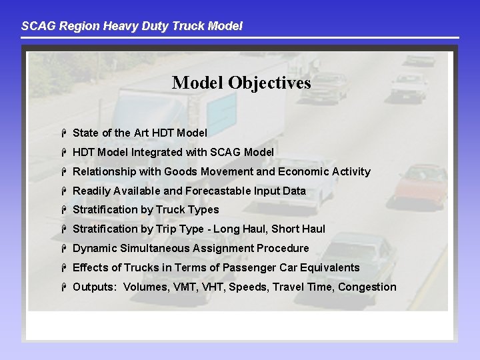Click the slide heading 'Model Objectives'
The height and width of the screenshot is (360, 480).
[x=241, y=83]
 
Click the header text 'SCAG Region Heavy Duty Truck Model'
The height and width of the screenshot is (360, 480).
[x=132, y=26]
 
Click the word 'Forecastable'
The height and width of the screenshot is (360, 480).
[x=218, y=191]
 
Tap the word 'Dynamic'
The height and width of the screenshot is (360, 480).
[x=95, y=248]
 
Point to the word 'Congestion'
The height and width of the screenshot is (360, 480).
[x=367, y=287]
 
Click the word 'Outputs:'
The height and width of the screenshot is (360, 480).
[x=94, y=287]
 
